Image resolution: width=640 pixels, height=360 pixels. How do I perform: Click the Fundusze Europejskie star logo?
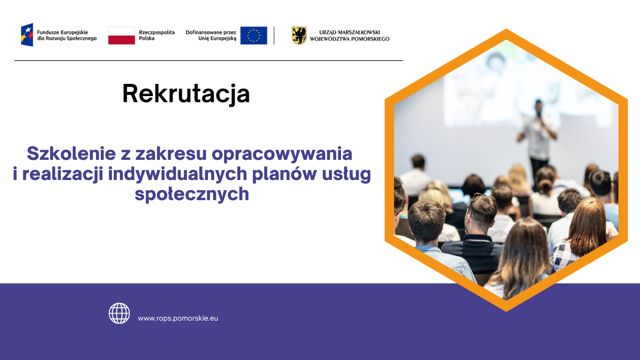27,35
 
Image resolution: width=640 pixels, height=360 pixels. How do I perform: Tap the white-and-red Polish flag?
121,36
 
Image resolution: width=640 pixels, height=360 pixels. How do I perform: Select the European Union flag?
254,36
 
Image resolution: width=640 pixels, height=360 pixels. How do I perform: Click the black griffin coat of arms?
299,36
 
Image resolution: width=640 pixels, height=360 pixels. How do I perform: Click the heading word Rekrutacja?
186,94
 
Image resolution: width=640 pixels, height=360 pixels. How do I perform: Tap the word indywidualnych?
178,174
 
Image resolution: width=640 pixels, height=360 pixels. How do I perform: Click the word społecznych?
192,195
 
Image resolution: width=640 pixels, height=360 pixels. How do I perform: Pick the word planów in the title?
284,174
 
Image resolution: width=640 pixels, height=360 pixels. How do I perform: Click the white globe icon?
119,314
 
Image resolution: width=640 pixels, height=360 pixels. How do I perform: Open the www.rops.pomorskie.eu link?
178,318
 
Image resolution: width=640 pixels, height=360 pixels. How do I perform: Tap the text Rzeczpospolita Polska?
156,36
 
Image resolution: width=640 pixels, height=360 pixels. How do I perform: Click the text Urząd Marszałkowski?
350,32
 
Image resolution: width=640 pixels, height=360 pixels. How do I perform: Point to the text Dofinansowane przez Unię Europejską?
211,36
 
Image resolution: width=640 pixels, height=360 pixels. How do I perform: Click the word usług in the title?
346,174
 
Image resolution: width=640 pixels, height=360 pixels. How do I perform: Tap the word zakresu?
171,154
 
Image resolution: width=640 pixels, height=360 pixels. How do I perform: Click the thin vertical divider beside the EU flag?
274,36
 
